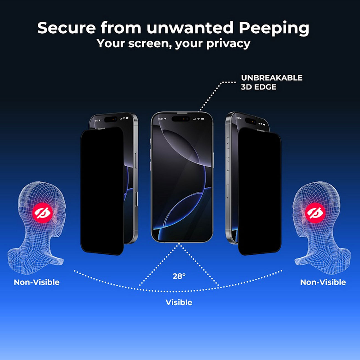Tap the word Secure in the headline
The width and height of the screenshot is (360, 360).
[x=66, y=28]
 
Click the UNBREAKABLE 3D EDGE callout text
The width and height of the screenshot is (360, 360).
[x=271, y=82]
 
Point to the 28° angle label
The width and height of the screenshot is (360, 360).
[x=179, y=276]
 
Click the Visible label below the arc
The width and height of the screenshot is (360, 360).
[x=179, y=302]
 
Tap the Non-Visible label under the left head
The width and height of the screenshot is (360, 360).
[x=37, y=282]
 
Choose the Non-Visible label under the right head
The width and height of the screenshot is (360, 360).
[x=323, y=282]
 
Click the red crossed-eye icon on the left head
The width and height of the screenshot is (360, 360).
[x=42, y=213]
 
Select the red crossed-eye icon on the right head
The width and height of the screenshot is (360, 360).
[x=315, y=213]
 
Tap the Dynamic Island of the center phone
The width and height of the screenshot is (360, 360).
[x=181, y=119]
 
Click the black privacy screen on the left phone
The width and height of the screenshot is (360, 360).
[x=102, y=191]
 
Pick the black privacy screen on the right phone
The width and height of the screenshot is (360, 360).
[x=259, y=191]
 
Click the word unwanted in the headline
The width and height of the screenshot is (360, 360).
[x=190, y=28]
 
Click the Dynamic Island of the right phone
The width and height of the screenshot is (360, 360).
[x=250, y=121]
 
